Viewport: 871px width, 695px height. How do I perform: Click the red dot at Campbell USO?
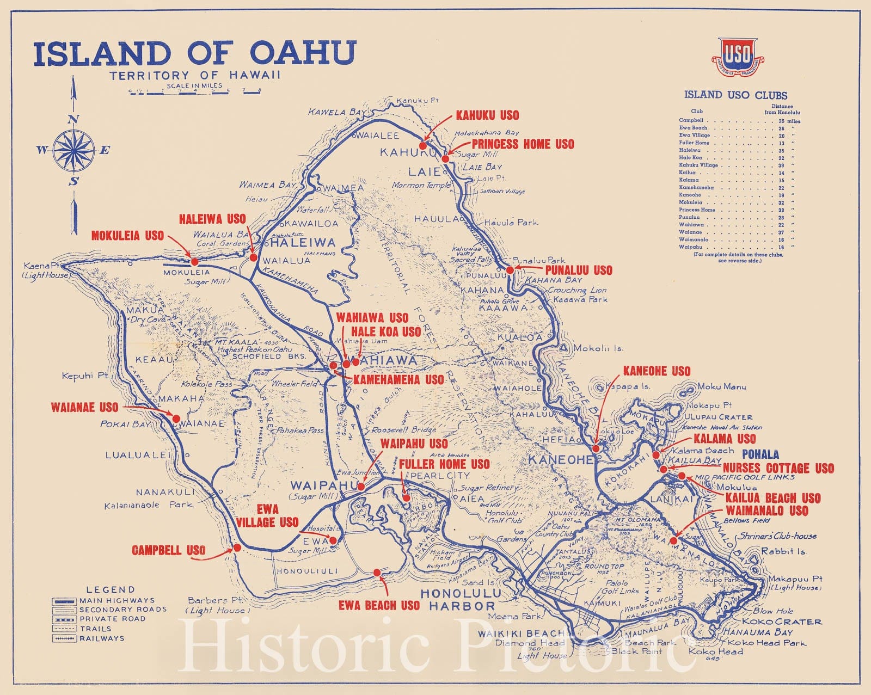[x=237, y=548]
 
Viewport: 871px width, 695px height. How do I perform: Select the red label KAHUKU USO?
[x=487, y=115]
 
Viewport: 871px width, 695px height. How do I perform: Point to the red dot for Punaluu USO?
[x=510, y=270]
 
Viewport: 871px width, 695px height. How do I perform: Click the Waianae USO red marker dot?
[x=176, y=419]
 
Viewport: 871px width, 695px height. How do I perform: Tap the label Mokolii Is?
[x=598, y=348]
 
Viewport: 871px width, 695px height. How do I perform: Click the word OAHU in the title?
[x=303, y=53]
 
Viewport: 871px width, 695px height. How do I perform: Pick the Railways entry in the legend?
[x=101, y=638]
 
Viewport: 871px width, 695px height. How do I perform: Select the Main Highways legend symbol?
[x=64, y=601]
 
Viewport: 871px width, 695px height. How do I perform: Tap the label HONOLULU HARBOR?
[x=461, y=599]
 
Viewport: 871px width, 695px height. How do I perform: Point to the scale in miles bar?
[x=195, y=92]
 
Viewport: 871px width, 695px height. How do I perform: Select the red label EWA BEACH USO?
[x=379, y=606]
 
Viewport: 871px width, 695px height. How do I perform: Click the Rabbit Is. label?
[x=783, y=551]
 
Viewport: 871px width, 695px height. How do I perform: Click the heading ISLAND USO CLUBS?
[x=735, y=95]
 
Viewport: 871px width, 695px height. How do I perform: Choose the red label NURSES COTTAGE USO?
[x=778, y=469]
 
